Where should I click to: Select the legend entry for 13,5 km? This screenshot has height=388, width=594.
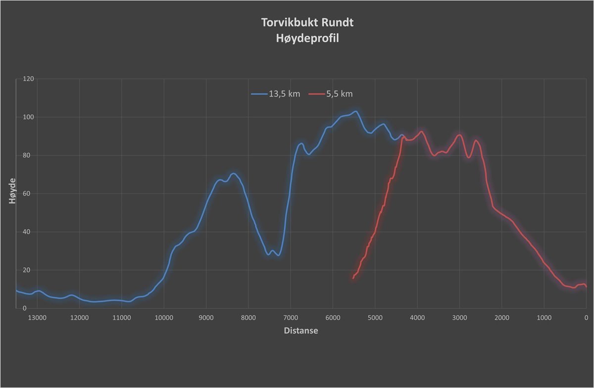[276, 94]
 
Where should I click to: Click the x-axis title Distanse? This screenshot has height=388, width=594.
[301, 331]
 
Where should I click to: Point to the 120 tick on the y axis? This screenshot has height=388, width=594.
[28, 79]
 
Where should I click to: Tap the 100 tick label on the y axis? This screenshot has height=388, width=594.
[28, 117]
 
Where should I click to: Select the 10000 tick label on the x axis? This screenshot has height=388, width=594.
[163, 318]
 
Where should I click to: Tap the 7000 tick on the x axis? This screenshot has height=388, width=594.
[291, 318]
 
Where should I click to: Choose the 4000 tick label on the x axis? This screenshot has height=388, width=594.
[417, 318]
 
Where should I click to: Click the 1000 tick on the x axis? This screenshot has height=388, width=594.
[544, 318]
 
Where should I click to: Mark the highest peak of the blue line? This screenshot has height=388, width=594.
[355, 111]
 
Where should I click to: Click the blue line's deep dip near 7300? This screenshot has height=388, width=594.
[279, 255]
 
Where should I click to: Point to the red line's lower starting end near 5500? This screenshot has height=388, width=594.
[353, 278]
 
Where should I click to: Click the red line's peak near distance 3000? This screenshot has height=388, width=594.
[459, 135]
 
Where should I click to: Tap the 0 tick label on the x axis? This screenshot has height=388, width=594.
[586, 318]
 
